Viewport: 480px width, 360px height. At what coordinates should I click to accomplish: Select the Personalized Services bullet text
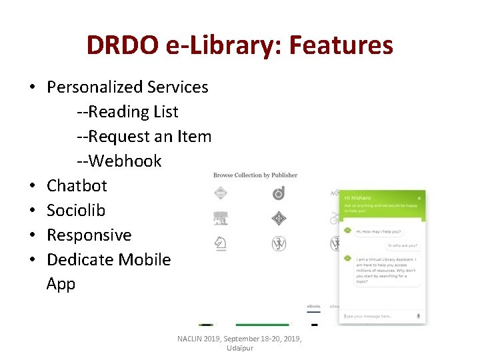[127, 87]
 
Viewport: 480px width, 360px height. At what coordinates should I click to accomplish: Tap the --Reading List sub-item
[127, 112]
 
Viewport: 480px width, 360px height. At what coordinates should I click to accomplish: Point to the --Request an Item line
[143, 137]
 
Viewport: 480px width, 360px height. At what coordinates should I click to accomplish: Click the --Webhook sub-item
[119, 161]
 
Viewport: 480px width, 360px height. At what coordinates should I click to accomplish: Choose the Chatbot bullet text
[77, 185]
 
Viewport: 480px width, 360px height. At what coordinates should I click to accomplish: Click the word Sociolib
[76, 210]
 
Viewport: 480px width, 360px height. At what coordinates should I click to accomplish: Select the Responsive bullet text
[89, 235]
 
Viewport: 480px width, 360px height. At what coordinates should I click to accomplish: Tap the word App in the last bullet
[61, 284]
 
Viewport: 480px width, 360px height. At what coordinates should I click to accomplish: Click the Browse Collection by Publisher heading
[255, 175]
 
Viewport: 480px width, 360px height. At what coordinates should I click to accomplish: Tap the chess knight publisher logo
[221, 244]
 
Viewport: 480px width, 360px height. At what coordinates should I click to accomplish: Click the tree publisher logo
[221, 219]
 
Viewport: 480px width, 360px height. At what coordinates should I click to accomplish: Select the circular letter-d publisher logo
[279, 193]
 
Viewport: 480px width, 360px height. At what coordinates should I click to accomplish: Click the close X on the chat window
[419, 198]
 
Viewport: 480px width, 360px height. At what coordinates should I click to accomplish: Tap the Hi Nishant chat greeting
[359, 198]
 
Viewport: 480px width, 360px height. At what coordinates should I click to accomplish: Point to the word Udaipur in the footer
[240, 349]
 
